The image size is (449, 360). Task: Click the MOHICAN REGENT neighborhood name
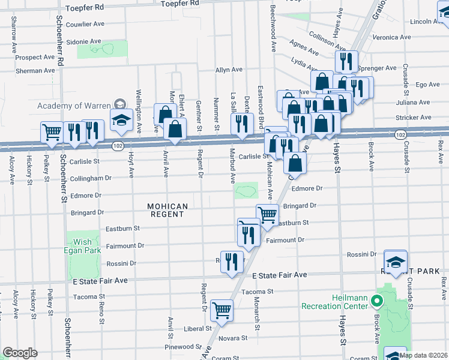(x=168, y=210)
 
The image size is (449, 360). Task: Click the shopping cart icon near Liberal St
(x=221, y=310)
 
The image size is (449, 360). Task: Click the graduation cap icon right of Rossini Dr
(x=396, y=261)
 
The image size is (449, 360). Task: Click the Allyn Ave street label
(x=229, y=70)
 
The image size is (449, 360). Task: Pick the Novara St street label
(x=231, y=338)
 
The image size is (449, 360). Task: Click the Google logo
(x=20, y=353)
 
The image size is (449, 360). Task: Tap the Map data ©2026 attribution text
(x=423, y=355)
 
